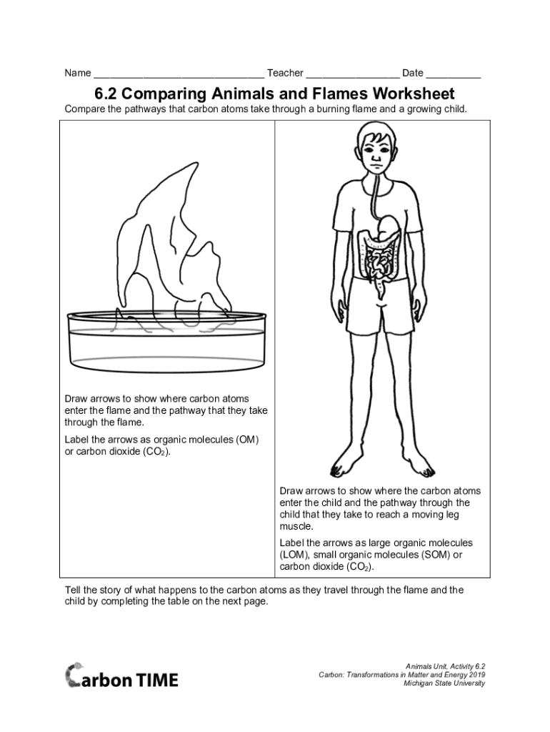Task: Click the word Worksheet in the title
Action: tap(413, 94)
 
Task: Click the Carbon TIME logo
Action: tap(121, 675)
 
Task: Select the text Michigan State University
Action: tap(444, 683)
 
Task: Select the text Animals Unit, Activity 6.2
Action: tap(446, 667)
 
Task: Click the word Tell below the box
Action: tap(72, 590)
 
